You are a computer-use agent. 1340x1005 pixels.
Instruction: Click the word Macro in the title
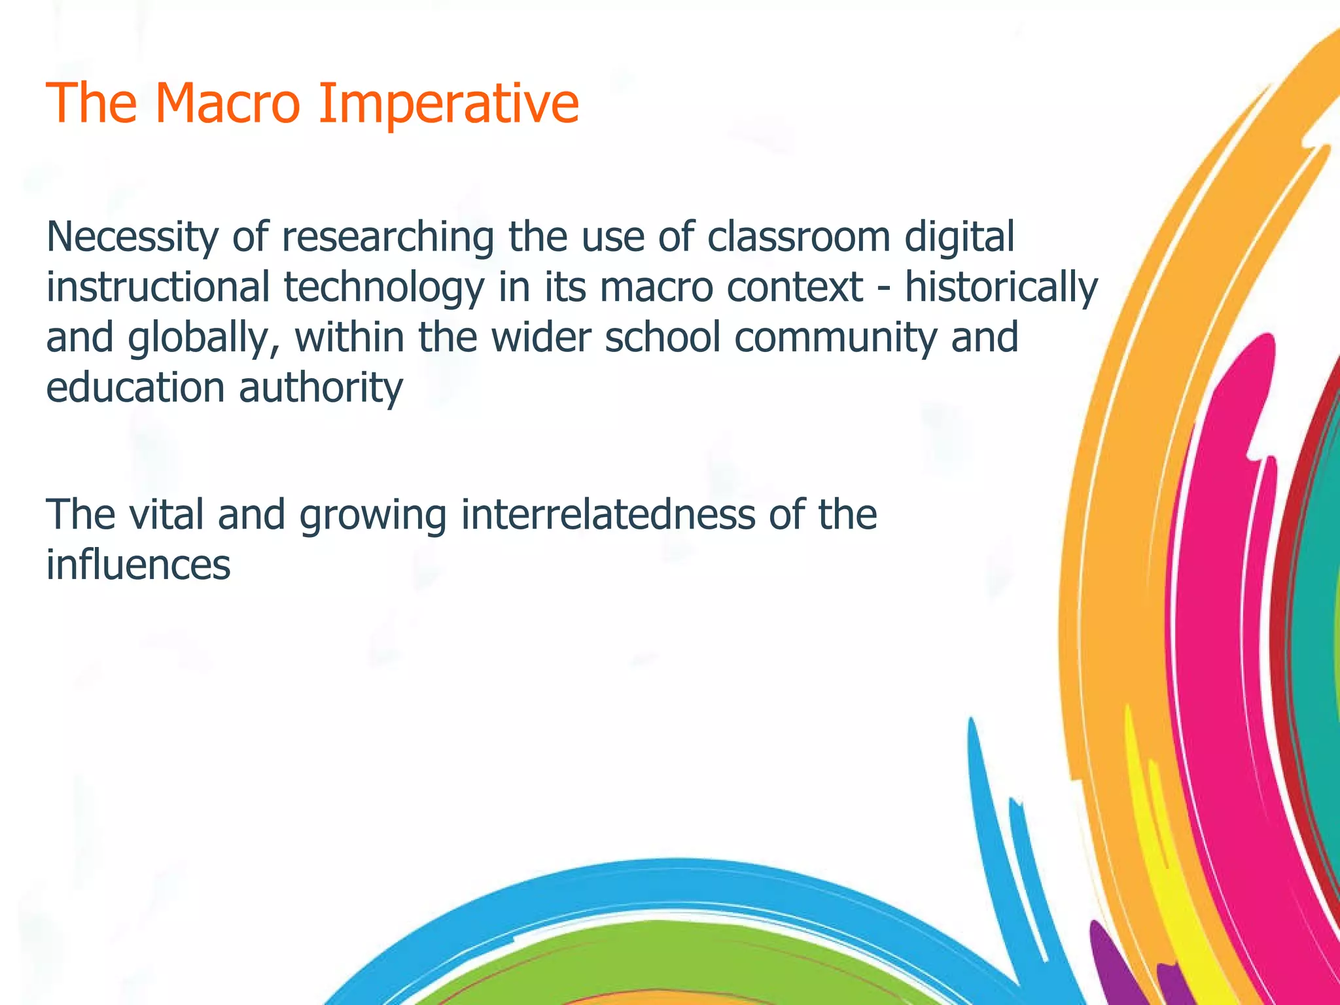tap(228, 103)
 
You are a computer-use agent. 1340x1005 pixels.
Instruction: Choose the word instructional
tap(158, 288)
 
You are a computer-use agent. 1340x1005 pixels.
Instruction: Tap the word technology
tap(383, 288)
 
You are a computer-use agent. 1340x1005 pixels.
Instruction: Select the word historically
tap(1001, 288)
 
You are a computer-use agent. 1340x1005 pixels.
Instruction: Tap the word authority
tap(321, 389)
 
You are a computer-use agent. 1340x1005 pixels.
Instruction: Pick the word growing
tap(373, 516)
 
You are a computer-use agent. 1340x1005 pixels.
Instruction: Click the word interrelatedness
tap(608, 514)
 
